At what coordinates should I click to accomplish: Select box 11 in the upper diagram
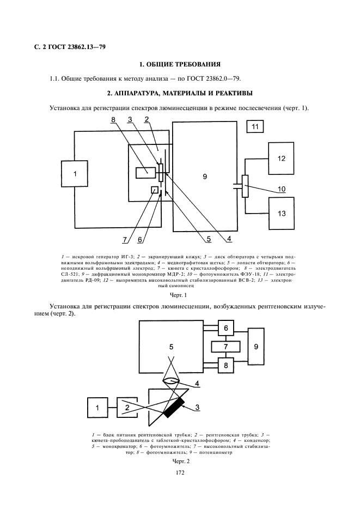(x=256, y=128)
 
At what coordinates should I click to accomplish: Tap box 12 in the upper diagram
(x=282, y=159)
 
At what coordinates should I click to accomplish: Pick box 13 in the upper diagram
(x=282, y=214)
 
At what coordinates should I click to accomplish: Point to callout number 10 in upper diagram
(x=282, y=189)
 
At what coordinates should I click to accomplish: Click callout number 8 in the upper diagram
(x=114, y=119)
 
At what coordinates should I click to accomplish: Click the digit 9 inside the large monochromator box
(x=205, y=176)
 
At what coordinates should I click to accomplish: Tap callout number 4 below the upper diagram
(x=229, y=239)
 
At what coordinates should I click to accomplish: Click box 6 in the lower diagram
(x=225, y=328)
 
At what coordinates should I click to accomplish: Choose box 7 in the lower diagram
(x=225, y=347)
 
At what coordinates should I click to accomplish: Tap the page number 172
(x=180, y=472)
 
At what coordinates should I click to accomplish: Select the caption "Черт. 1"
(x=179, y=295)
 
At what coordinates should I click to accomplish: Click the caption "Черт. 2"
(x=180, y=461)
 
